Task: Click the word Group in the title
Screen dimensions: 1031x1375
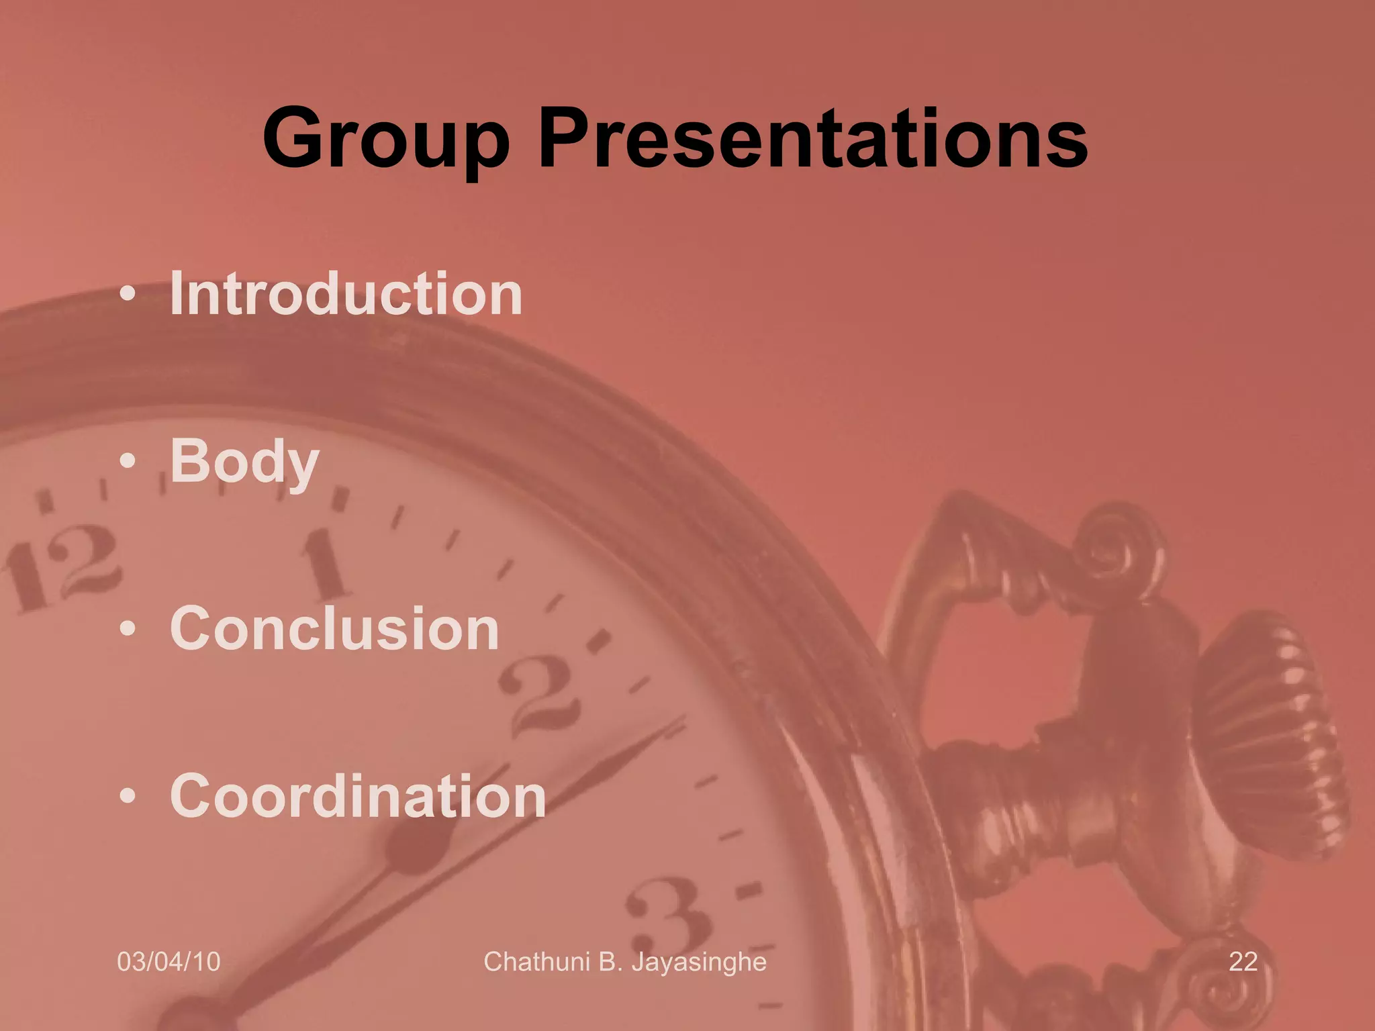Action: (x=386, y=139)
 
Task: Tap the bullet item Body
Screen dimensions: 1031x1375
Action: (x=244, y=461)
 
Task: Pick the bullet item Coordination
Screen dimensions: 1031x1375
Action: (x=357, y=796)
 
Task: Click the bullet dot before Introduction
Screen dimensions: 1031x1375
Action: (x=128, y=295)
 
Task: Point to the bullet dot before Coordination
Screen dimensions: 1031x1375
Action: (x=128, y=797)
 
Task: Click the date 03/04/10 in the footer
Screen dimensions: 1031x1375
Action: (x=169, y=961)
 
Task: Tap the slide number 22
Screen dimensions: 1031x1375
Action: (x=1243, y=961)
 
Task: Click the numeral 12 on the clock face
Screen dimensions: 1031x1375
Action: (x=64, y=567)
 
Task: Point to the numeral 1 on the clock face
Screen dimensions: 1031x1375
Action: (x=327, y=564)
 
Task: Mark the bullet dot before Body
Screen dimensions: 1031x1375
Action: (x=128, y=462)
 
